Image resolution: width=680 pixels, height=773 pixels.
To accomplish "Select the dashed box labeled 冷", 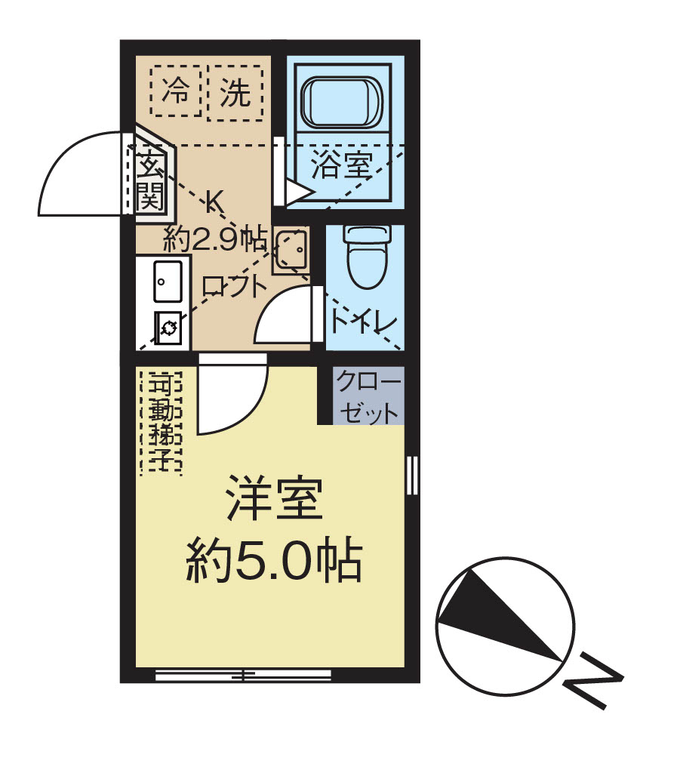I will pyautogui.click(x=176, y=91).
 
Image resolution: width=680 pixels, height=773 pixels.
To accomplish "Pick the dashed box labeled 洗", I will pyautogui.click(x=235, y=91).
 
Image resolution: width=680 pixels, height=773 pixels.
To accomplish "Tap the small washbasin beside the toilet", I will pyautogui.click(x=290, y=248).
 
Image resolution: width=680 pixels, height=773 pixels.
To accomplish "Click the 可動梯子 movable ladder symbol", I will pyautogui.click(x=161, y=422).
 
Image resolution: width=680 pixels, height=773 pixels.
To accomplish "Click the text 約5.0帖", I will pyautogui.click(x=273, y=559).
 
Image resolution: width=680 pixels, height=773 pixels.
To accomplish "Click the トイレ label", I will pyautogui.click(x=363, y=322).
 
